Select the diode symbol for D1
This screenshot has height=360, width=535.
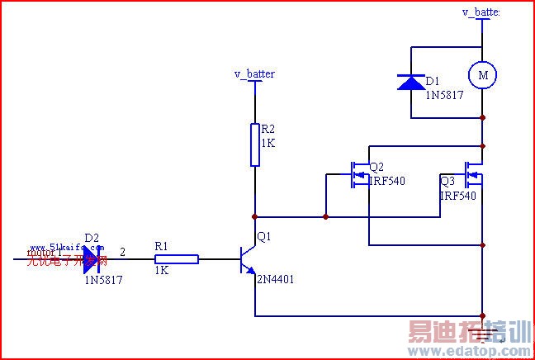click(410, 82)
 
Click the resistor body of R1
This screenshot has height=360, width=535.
click(177, 259)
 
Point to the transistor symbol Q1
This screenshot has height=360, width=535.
click(248, 259)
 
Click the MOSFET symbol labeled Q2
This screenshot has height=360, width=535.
click(358, 173)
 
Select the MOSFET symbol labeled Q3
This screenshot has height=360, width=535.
click(473, 173)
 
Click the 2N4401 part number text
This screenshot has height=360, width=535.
click(275, 280)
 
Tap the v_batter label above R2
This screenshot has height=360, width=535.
click(254, 74)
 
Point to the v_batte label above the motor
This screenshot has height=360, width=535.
click(481, 12)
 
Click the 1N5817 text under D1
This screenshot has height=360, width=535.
click(444, 95)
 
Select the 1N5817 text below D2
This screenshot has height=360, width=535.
click(104, 280)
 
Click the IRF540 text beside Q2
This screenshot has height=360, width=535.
click(387, 181)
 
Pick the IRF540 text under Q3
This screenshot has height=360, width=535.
click(458, 196)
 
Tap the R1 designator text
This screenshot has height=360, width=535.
click(161, 246)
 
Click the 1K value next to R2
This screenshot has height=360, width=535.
click(267, 143)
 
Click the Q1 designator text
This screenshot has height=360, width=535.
click(264, 237)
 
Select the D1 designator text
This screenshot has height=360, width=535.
click(432, 82)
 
